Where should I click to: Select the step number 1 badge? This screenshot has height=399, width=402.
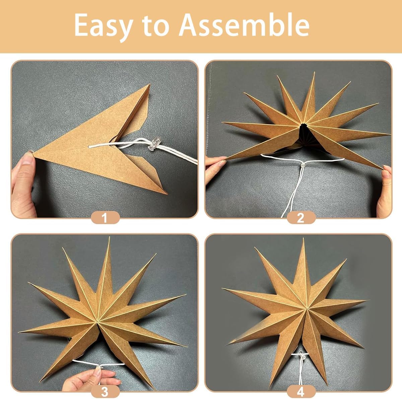pyautogui.click(x=105, y=218)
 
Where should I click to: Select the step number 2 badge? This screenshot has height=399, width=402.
pyautogui.click(x=300, y=218)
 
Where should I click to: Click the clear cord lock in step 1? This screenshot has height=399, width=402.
pyautogui.click(x=153, y=144)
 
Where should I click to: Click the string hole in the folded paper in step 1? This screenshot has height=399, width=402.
pyautogui.click(x=90, y=147)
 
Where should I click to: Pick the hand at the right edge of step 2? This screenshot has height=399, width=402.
pyautogui.click(x=385, y=188)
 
